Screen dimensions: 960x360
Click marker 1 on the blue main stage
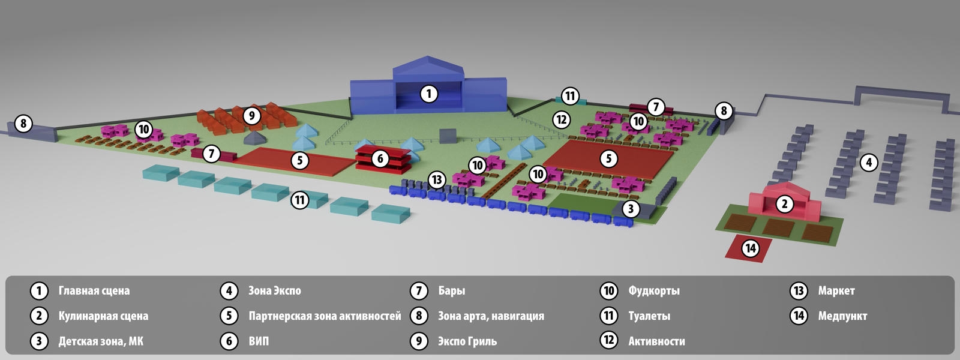click(x=428, y=94)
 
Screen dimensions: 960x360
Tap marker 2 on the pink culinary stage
click(x=785, y=204)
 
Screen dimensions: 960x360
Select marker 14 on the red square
click(x=751, y=248)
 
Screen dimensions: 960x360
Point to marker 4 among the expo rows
click(x=869, y=163)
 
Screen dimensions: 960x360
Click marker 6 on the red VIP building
click(x=380, y=158)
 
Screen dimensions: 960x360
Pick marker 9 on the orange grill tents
click(x=251, y=115)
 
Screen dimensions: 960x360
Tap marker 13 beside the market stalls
click(x=436, y=179)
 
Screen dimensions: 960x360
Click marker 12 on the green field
click(x=562, y=119)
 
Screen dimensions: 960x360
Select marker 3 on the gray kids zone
click(x=631, y=209)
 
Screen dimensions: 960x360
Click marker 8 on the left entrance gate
click(x=23, y=124)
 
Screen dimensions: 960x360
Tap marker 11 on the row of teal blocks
click(x=299, y=200)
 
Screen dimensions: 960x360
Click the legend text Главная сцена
click(x=94, y=291)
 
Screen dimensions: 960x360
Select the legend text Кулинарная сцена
click(x=103, y=316)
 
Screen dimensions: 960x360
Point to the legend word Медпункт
click(x=842, y=316)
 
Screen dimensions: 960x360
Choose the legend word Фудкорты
click(x=653, y=291)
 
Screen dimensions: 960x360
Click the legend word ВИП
click(x=259, y=341)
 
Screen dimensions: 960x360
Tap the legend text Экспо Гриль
click(x=467, y=341)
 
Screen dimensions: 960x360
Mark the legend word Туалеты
click(x=649, y=316)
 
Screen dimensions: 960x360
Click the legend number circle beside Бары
click(x=419, y=291)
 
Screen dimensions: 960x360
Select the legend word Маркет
click(x=836, y=291)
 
